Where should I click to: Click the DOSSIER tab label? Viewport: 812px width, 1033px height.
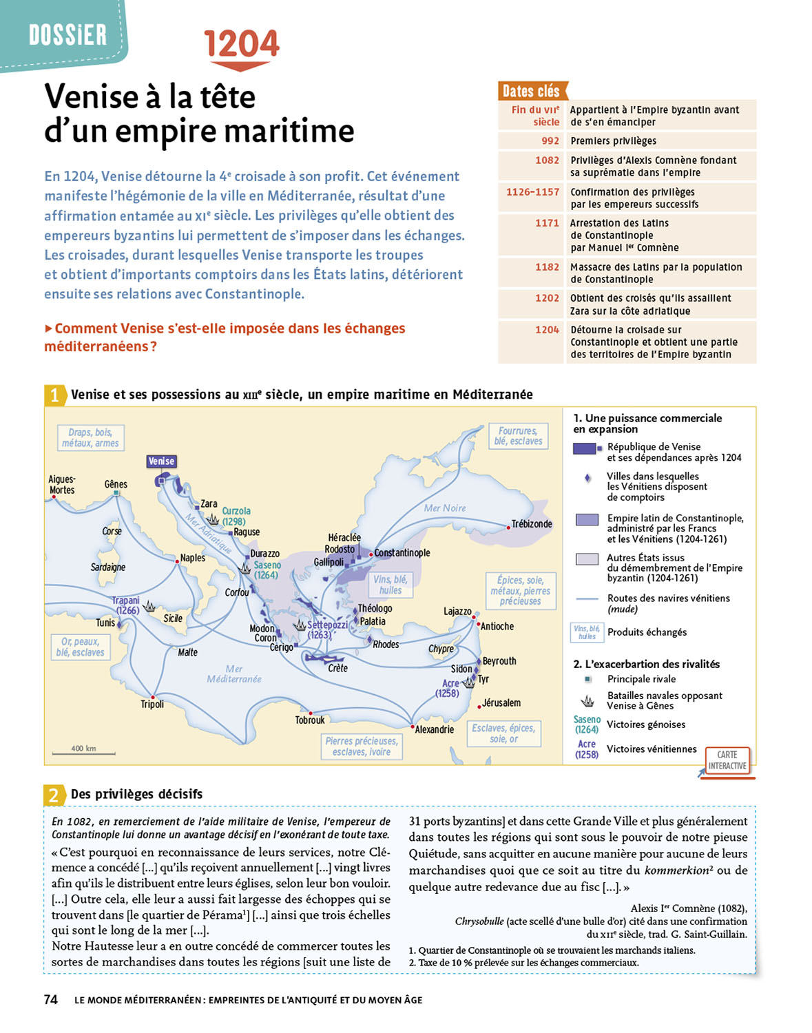click(67, 34)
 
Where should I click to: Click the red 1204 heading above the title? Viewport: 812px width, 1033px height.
click(242, 44)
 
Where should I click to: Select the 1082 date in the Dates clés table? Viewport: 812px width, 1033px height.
click(547, 160)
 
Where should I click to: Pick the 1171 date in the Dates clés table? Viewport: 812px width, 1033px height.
click(547, 223)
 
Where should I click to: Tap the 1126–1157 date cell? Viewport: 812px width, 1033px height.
click(532, 192)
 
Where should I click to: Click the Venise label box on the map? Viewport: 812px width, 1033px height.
click(161, 461)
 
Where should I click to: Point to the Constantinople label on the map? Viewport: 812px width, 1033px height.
click(402, 553)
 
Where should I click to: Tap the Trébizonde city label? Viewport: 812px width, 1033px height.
click(532, 524)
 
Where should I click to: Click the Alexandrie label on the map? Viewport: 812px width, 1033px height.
click(435, 729)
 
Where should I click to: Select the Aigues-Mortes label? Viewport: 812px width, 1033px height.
click(62, 485)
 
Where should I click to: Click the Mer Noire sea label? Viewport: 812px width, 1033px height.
click(445, 508)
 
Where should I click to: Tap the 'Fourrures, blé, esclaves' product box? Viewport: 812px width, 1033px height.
click(518, 436)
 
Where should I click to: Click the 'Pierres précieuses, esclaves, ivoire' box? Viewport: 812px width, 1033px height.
click(362, 747)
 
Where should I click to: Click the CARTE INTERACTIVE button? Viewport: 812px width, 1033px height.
click(727, 760)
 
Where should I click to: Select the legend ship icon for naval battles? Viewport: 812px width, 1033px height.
click(587, 701)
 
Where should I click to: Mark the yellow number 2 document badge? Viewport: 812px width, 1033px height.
click(54, 795)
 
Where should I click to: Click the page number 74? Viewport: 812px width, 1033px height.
click(51, 1000)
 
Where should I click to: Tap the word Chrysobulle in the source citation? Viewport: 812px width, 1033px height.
click(479, 921)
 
